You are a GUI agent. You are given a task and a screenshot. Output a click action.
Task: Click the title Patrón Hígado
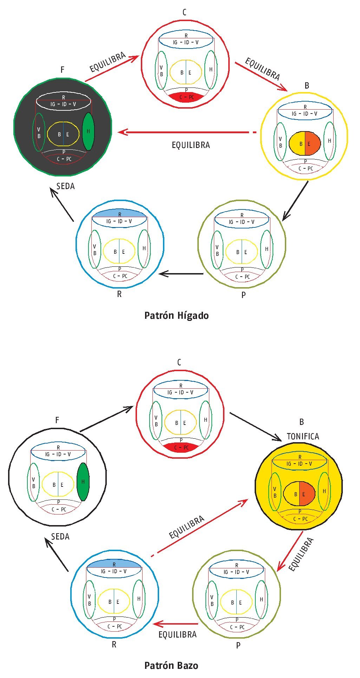pyautogui.click(x=176, y=315)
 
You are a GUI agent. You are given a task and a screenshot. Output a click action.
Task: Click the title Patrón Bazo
pyautogui.click(x=171, y=665)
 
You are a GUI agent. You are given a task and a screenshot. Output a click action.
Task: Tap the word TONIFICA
pyautogui.click(x=303, y=436)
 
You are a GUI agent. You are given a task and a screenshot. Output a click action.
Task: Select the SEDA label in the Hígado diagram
pyautogui.click(x=65, y=186)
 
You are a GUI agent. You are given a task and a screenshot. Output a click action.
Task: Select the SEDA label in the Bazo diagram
pyautogui.click(x=60, y=536)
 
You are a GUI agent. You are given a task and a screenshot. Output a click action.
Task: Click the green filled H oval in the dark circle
pyautogui.click(x=89, y=131)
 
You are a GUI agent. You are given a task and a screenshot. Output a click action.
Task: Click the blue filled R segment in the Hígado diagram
pyautogui.click(x=119, y=213)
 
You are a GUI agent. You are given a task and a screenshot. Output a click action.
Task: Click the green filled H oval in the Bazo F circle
pyautogui.click(x=83, y=482)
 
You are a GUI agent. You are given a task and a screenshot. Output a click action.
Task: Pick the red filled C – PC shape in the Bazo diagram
pyautogui.click(x=181, y=447)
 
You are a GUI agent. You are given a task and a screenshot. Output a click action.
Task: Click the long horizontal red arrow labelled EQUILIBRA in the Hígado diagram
pyautogui.click(x=186, y=133)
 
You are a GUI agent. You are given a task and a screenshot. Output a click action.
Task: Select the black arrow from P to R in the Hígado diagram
pyautogui.click(x=181, y=273)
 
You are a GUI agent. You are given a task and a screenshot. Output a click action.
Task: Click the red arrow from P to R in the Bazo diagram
pyautogui.click(x=176, y=624)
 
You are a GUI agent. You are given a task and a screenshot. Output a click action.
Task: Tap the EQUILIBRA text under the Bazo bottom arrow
pyautogui.click(x=177, y=634)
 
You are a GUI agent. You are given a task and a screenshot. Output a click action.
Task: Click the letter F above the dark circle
pyautogui.click(x=63, y=70)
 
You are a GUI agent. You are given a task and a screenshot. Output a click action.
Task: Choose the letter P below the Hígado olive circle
pyautogui.click(x=243, y=295)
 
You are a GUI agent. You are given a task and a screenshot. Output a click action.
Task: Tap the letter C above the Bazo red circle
pyautogui.click(x=179, y=362)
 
